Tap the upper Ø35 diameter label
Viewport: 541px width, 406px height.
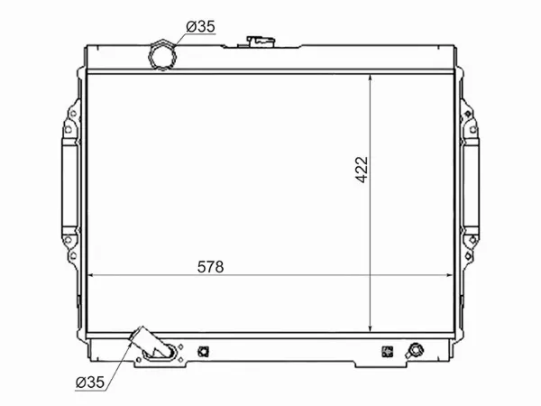pyautogui.click(x=201, y=26)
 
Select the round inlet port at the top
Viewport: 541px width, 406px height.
pyautogui.click(x=164, y=55)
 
